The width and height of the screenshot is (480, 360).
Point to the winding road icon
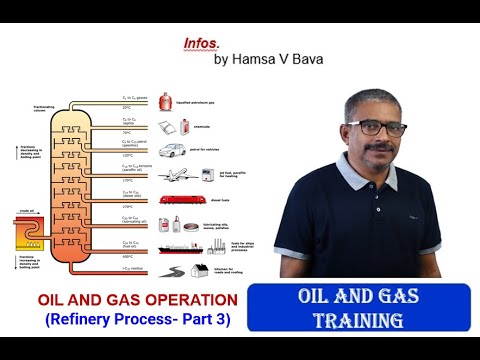(x=175, y=271)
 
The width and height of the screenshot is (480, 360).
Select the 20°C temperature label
(x=128, y=105)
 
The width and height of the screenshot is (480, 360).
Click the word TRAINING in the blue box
(x=358, y=321)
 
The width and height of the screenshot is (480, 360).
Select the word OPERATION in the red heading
(x=188, y=299)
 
